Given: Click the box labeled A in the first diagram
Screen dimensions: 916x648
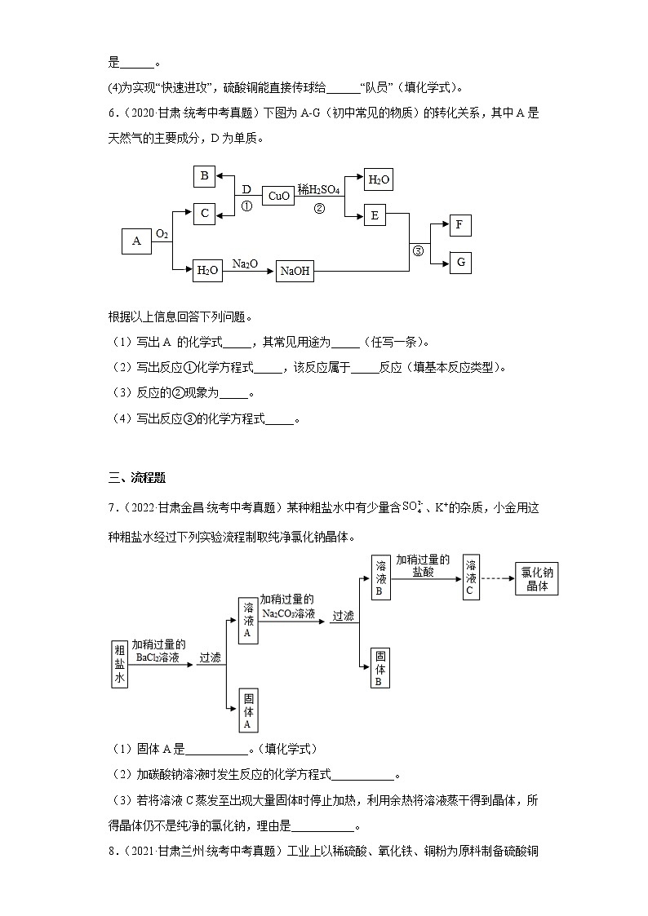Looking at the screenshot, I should tap(136, 241).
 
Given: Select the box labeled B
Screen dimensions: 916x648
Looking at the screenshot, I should tap(205, 176).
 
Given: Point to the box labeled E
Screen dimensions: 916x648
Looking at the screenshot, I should tap(375, 215).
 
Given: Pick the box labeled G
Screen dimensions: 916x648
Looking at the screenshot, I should tap(460, 262).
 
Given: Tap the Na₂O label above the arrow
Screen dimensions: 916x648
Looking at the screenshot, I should tap(245, 263).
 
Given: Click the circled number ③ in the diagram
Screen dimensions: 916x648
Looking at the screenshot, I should tap(419, 250).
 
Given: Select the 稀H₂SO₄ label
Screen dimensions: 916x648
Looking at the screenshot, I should tap(319, 188).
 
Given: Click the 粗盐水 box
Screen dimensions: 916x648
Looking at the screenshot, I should tap(120, 664).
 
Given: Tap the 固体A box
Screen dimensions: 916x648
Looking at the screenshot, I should tap(248, 710).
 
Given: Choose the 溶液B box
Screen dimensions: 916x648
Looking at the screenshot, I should tap(379, 578).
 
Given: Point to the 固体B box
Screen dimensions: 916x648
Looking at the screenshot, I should tap(379, 668).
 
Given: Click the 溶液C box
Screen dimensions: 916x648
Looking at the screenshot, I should tap(471, 578).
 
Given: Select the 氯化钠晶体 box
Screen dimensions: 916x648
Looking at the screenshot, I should tap(536, 578).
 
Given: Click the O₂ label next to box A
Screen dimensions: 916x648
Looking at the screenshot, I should tap(162, 234).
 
